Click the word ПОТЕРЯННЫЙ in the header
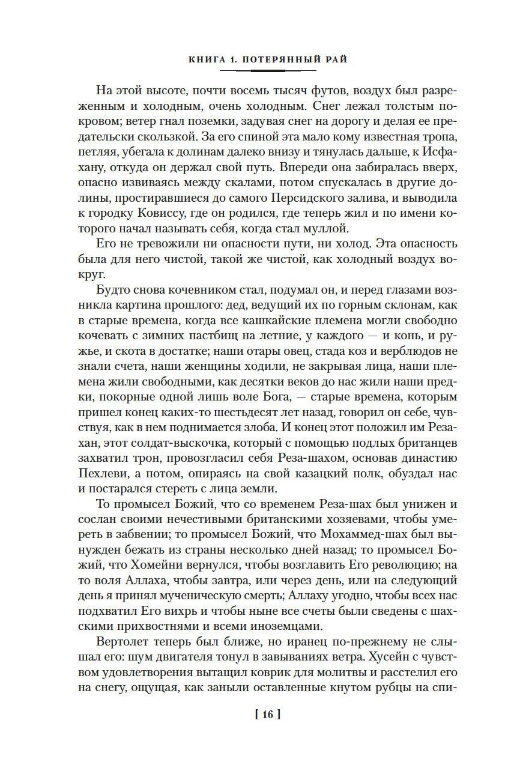coord(274,59)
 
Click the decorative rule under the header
coord(268,71)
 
